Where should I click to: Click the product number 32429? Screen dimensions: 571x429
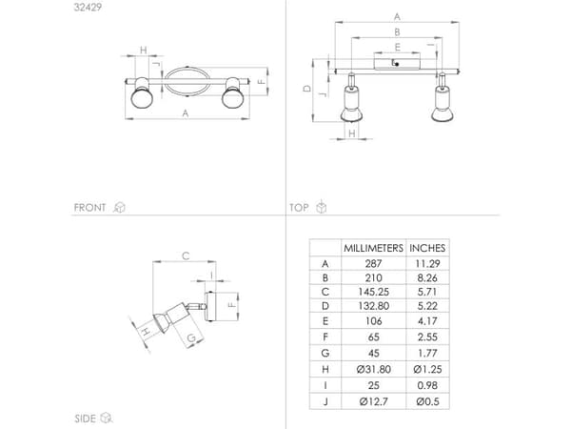click(x=88, y=7)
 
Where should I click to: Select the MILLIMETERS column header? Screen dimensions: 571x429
click(x=373, y=248)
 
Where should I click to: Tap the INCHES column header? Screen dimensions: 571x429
click(x=427, y=248)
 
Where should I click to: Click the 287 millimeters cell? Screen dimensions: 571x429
click(x=373, y=263)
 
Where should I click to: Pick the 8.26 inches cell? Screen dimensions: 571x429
click(x=427, y=278)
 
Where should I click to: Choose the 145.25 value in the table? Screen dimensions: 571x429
click(x=373, y=292)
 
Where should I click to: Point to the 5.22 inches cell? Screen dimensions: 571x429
click(x=427, y=306)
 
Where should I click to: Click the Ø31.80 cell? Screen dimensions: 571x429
click(x=374, y=369)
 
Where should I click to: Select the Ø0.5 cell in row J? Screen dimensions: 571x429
click(x=427, y=401)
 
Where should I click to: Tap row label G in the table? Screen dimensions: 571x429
click(x=325, y=353)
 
